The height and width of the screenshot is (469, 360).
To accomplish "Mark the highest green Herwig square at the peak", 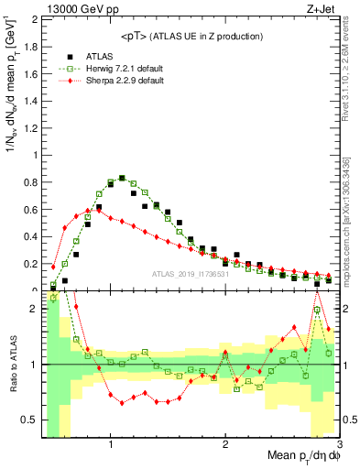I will [x=122, y=179].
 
